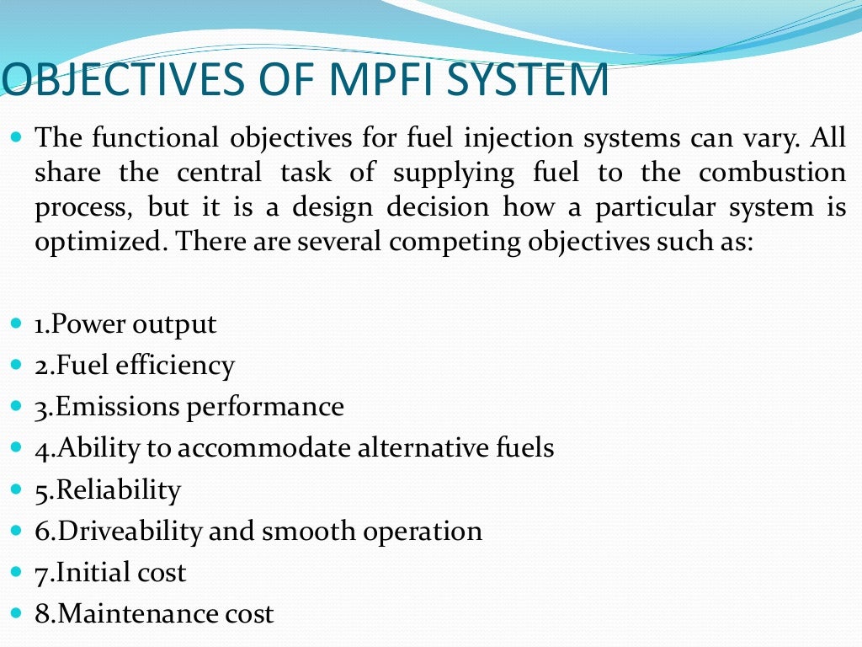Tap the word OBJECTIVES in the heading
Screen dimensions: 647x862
120,80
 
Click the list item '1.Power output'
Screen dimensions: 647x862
125,324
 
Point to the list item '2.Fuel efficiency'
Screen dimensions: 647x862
135,366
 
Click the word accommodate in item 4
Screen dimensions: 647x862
268,448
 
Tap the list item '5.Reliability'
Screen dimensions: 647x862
108,489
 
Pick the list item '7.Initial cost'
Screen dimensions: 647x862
110,573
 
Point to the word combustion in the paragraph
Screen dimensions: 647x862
773,173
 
